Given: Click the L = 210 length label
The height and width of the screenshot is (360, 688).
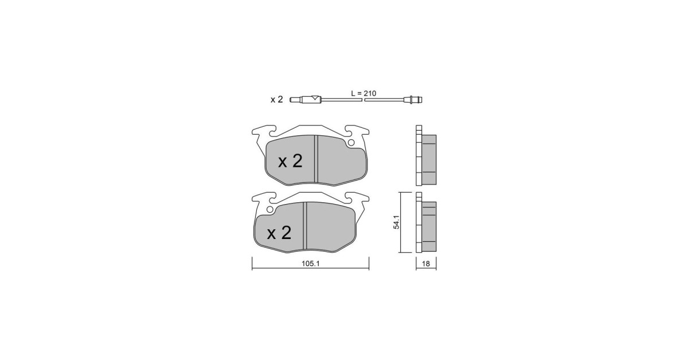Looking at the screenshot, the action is click(363, 93).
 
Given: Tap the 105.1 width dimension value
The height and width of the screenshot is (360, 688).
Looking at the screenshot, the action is click(311, 264).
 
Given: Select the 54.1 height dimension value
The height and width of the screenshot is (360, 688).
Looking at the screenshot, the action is click(396, 222).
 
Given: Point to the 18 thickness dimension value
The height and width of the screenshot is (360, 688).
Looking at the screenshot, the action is click(425, 264).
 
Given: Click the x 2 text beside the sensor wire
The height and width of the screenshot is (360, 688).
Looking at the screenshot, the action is click(276, 100).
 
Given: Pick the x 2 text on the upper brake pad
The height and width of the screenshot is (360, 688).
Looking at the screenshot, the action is click(290, 161).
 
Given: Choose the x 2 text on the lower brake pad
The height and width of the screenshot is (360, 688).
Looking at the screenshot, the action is click(279, 233).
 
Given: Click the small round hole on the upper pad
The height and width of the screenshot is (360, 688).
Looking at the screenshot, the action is click(351, 143).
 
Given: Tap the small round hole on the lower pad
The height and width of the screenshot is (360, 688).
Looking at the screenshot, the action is click(270, 209).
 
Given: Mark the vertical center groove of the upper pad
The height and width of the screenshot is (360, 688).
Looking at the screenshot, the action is click(316, 160).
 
